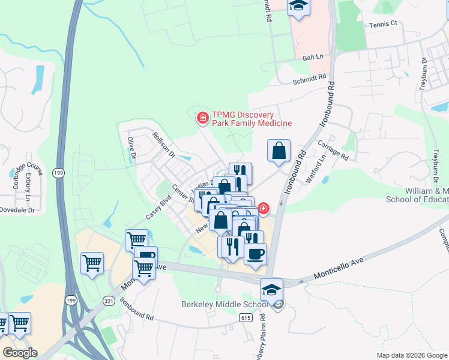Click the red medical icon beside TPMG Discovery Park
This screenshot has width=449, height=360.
[x=203, y=118]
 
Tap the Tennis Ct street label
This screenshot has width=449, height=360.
[x=384, y=24]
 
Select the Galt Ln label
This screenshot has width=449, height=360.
[x=313, y=56]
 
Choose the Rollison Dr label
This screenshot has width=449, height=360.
[x=163, y=144]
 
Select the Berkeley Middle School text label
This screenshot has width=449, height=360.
[x=224, y=304]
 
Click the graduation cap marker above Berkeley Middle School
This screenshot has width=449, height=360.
[x=271, y=289]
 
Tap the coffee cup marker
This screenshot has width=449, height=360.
[x=255, y=253]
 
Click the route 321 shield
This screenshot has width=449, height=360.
[x=109, y=300]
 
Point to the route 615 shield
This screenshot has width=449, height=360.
[x=245, y=317]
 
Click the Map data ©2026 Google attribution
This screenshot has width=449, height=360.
[x=412, y=355]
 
